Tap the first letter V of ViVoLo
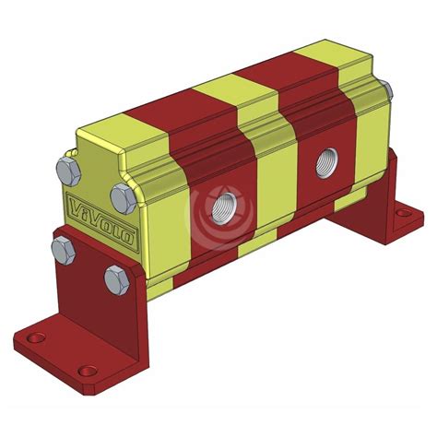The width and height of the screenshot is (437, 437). [x=74, y=206]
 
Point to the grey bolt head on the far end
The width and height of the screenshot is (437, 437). [x=384, y=90]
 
